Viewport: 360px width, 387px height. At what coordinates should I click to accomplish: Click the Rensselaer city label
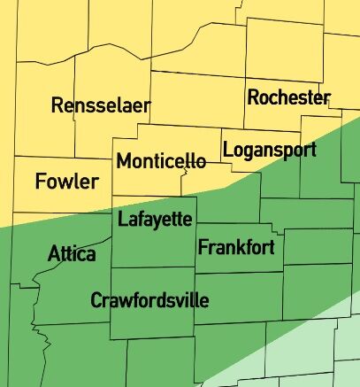tap(101, 106)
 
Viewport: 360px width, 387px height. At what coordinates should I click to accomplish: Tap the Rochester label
tap(288, 97)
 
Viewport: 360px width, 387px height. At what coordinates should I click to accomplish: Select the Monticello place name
tap(161, 162)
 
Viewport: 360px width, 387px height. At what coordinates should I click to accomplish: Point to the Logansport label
tap(269, 150)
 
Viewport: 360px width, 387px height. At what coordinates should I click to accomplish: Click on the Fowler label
tap(67, 182)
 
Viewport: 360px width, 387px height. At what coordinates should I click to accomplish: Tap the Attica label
tap(72, 255)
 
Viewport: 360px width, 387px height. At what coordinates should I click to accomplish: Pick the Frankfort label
tap(236, 247)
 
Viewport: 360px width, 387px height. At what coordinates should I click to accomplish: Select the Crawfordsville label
tap(149, 301)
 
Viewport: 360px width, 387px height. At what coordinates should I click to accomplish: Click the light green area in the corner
tap(318, 354)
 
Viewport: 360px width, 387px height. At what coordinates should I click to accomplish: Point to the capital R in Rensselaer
tap(57, 106)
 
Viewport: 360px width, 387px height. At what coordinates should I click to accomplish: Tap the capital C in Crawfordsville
tap(96, 301)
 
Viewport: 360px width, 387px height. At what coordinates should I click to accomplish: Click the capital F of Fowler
tap(41, 182)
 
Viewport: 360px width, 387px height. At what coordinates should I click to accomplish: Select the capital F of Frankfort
tap(203, 247)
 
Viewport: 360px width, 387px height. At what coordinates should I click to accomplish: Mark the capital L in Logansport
tap(227, 150)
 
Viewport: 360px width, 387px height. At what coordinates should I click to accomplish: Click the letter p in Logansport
tap(283, 152)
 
